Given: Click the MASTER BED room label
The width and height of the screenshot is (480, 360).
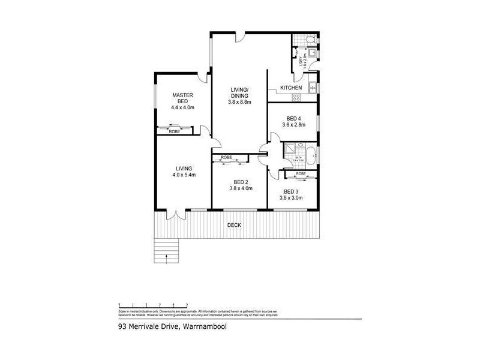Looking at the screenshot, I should point(182,98).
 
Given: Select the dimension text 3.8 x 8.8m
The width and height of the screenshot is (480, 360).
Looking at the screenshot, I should point(239,102).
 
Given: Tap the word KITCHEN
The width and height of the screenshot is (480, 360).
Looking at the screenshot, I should point(290,88).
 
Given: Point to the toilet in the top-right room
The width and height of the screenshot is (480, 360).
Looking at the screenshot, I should point(308,40).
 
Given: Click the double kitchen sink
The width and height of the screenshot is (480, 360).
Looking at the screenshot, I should point(311,89).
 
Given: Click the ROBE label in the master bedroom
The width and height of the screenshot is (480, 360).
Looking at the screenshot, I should point(174,131).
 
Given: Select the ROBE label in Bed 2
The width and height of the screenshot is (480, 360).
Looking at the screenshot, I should point(226,158).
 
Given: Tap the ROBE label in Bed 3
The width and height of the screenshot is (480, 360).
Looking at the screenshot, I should point(301,173).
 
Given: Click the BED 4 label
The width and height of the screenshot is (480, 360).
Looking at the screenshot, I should point(293,118).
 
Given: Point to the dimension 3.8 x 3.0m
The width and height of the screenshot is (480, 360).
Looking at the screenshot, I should point(294,197).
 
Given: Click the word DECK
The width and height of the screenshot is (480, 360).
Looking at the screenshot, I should point(234,225).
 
